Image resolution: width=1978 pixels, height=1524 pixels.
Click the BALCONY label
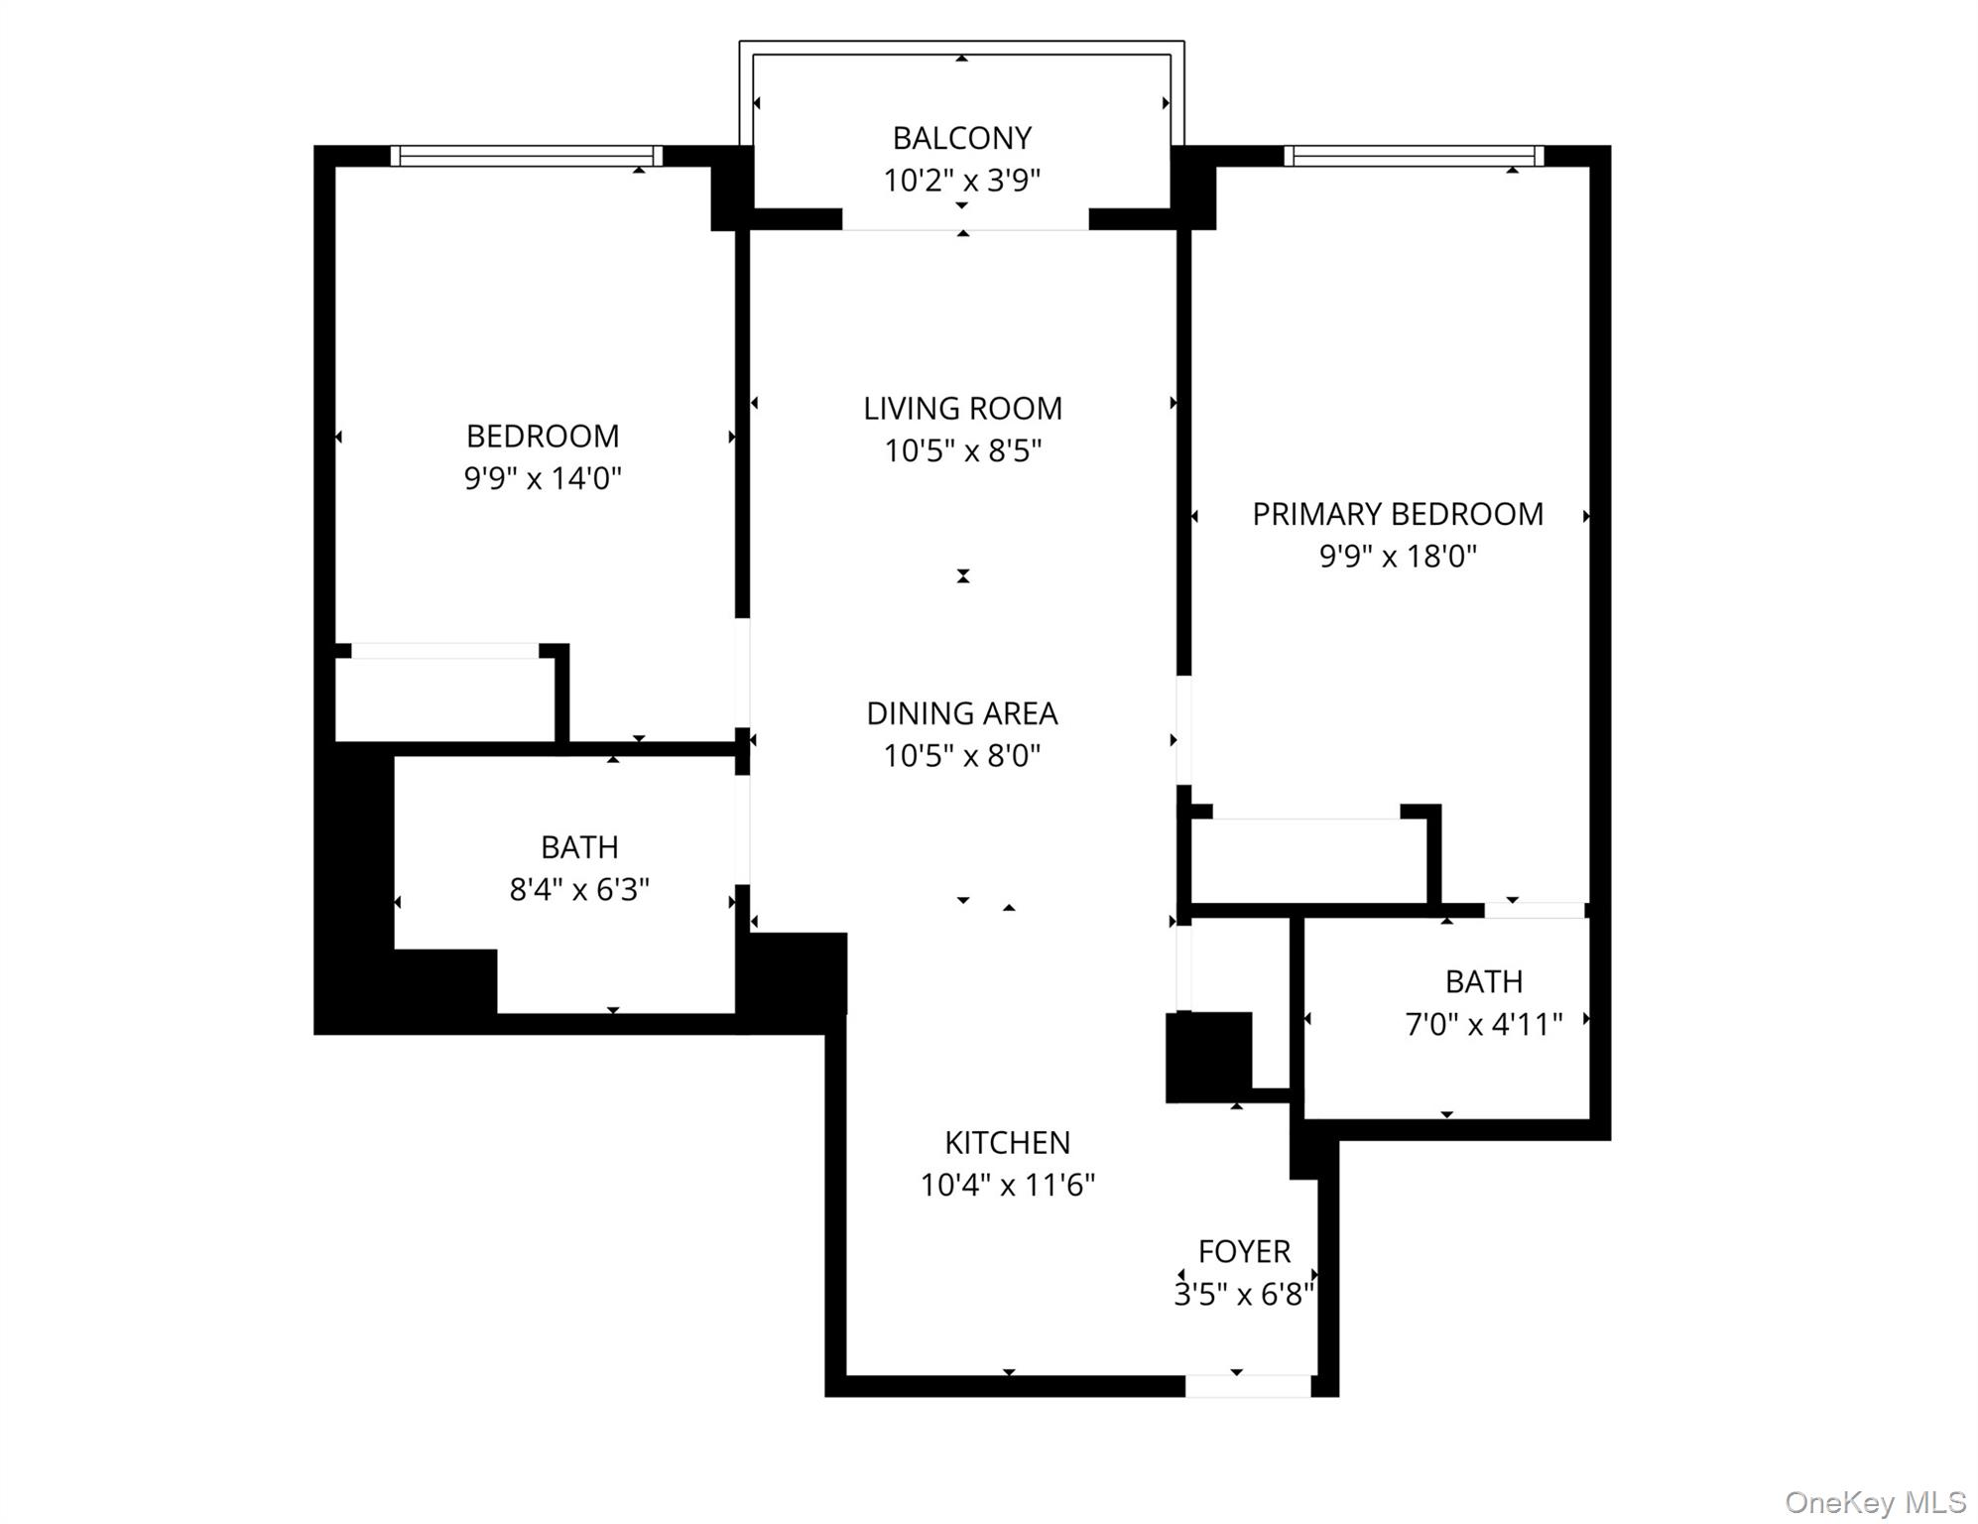962,138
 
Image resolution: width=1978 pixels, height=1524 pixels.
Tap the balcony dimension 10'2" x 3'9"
962,181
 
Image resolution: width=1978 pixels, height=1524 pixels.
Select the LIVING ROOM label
962,409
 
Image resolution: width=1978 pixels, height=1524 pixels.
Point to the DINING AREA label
962,713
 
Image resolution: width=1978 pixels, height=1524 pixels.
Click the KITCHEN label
1007,1143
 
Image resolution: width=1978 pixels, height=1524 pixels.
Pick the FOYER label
1244,1252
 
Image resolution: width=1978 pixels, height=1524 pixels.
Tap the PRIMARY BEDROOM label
1398,514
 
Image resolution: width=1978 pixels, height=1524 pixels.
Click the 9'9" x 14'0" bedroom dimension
543,479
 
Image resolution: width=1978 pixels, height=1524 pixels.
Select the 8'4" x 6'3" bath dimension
579,890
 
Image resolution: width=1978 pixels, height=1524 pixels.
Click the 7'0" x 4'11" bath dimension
1484,1024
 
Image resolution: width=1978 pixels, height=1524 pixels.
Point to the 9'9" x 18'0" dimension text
1398,557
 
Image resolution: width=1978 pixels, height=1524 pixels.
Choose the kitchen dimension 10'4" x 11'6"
1007,1186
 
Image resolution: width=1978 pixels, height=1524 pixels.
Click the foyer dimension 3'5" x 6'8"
1244,1295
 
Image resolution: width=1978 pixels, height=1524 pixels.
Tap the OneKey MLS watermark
1875,1502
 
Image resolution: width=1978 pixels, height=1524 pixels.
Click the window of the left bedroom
526,156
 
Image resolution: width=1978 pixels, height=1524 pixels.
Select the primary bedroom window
1414,156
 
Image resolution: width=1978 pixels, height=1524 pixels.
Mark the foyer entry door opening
1248,1386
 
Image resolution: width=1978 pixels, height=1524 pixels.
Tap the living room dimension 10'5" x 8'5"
962,451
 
